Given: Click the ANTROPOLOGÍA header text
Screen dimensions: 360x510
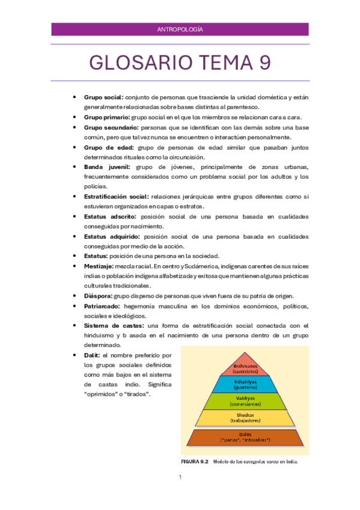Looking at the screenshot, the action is pyautogui.click(x=180, y=29).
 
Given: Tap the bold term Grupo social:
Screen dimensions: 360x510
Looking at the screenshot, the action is pyautogui.click(x=103, y=97).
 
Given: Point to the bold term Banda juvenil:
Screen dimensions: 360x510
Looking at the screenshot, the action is pyautogui.click(x=106, y=167).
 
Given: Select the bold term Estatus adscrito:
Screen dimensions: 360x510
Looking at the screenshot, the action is pyautogui.click(x=110, y=216).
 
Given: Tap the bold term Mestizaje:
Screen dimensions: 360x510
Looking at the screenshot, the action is pyautogui.click(x=100, y=265).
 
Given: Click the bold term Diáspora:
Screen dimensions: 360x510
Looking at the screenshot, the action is pyautogui.click(x=98, y=295).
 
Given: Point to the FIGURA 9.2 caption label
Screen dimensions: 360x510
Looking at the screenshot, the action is pyautogui.click(x=194, y=462).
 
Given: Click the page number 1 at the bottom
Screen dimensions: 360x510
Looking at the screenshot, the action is pyautogui.click(x=180, y=478).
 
